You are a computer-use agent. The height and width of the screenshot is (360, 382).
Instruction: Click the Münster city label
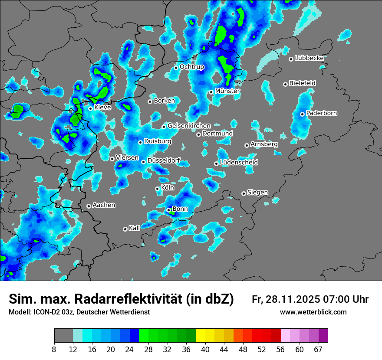227,91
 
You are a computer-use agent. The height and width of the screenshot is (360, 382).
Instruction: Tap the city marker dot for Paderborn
302,114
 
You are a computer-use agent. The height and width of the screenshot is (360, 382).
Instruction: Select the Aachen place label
104,205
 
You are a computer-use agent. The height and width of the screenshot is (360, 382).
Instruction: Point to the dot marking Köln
157,189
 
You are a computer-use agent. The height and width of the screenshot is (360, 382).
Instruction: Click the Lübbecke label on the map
309,58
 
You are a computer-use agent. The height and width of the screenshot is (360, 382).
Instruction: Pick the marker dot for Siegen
244,193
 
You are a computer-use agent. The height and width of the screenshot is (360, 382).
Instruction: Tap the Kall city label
135,228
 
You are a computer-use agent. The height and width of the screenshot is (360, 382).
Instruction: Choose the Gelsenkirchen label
189,126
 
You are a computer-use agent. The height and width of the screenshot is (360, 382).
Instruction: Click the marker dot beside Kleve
90,108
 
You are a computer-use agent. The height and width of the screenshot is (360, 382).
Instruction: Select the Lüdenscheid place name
239,163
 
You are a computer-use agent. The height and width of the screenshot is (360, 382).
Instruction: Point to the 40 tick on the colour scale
205,349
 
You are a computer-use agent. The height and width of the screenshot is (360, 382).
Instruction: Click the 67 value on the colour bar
318,349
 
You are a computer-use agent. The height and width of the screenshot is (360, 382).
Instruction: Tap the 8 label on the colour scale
54,349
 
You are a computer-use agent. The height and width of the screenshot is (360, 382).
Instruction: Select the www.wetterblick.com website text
313,312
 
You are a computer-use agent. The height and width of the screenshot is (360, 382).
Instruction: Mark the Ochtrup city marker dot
176,68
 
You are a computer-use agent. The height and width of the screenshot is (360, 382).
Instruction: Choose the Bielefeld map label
302,83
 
